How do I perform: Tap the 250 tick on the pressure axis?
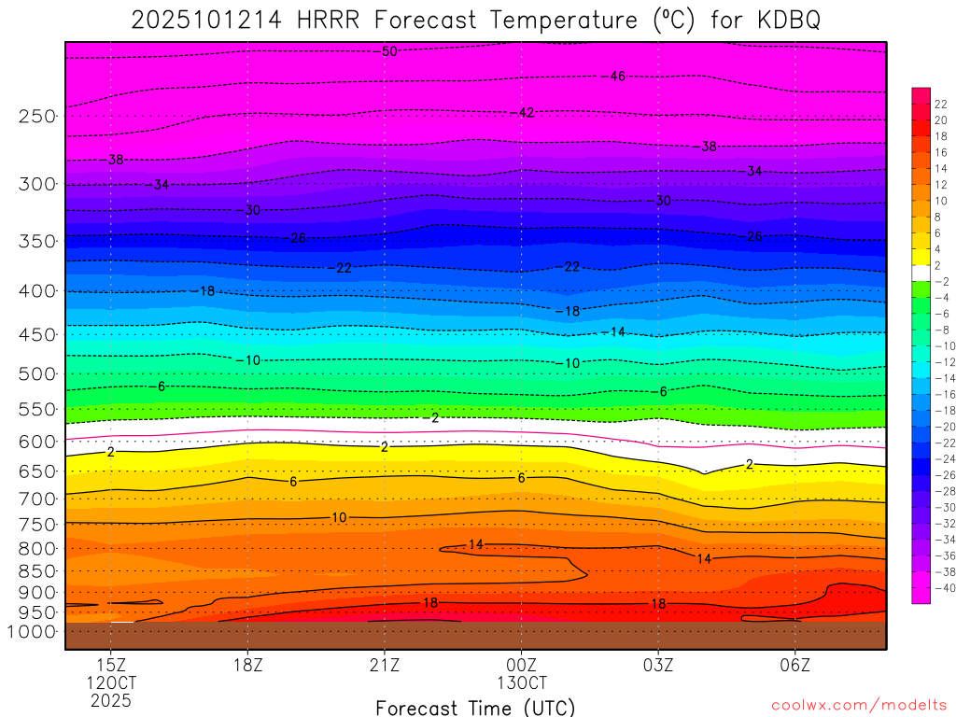(36, 116)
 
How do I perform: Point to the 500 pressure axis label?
(36, 373)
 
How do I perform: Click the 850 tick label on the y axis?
(36, 570)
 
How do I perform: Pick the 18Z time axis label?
(247, 665)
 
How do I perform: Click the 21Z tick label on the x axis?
(385, 665)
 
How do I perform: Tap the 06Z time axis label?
(794, 665)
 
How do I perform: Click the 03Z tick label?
(658, 665)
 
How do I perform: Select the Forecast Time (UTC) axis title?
(475, 708)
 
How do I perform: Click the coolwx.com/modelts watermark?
(859, 706)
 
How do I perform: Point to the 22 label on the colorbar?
(941, 104)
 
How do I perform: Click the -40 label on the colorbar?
(943, 587)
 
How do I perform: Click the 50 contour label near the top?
(389, 51)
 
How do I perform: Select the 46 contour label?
(617, 76)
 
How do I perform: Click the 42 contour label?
(527, 113)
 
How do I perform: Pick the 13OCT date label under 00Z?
(521, 682)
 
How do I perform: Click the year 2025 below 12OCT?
(111, 700)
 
